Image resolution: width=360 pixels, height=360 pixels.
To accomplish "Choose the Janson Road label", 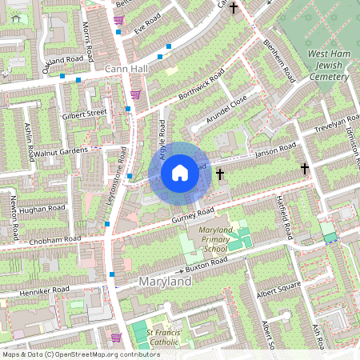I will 274,150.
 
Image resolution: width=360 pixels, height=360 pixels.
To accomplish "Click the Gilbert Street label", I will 84,114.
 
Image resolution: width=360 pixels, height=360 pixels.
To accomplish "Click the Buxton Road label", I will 206,261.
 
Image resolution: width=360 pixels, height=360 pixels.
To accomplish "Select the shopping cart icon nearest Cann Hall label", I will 135,94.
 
